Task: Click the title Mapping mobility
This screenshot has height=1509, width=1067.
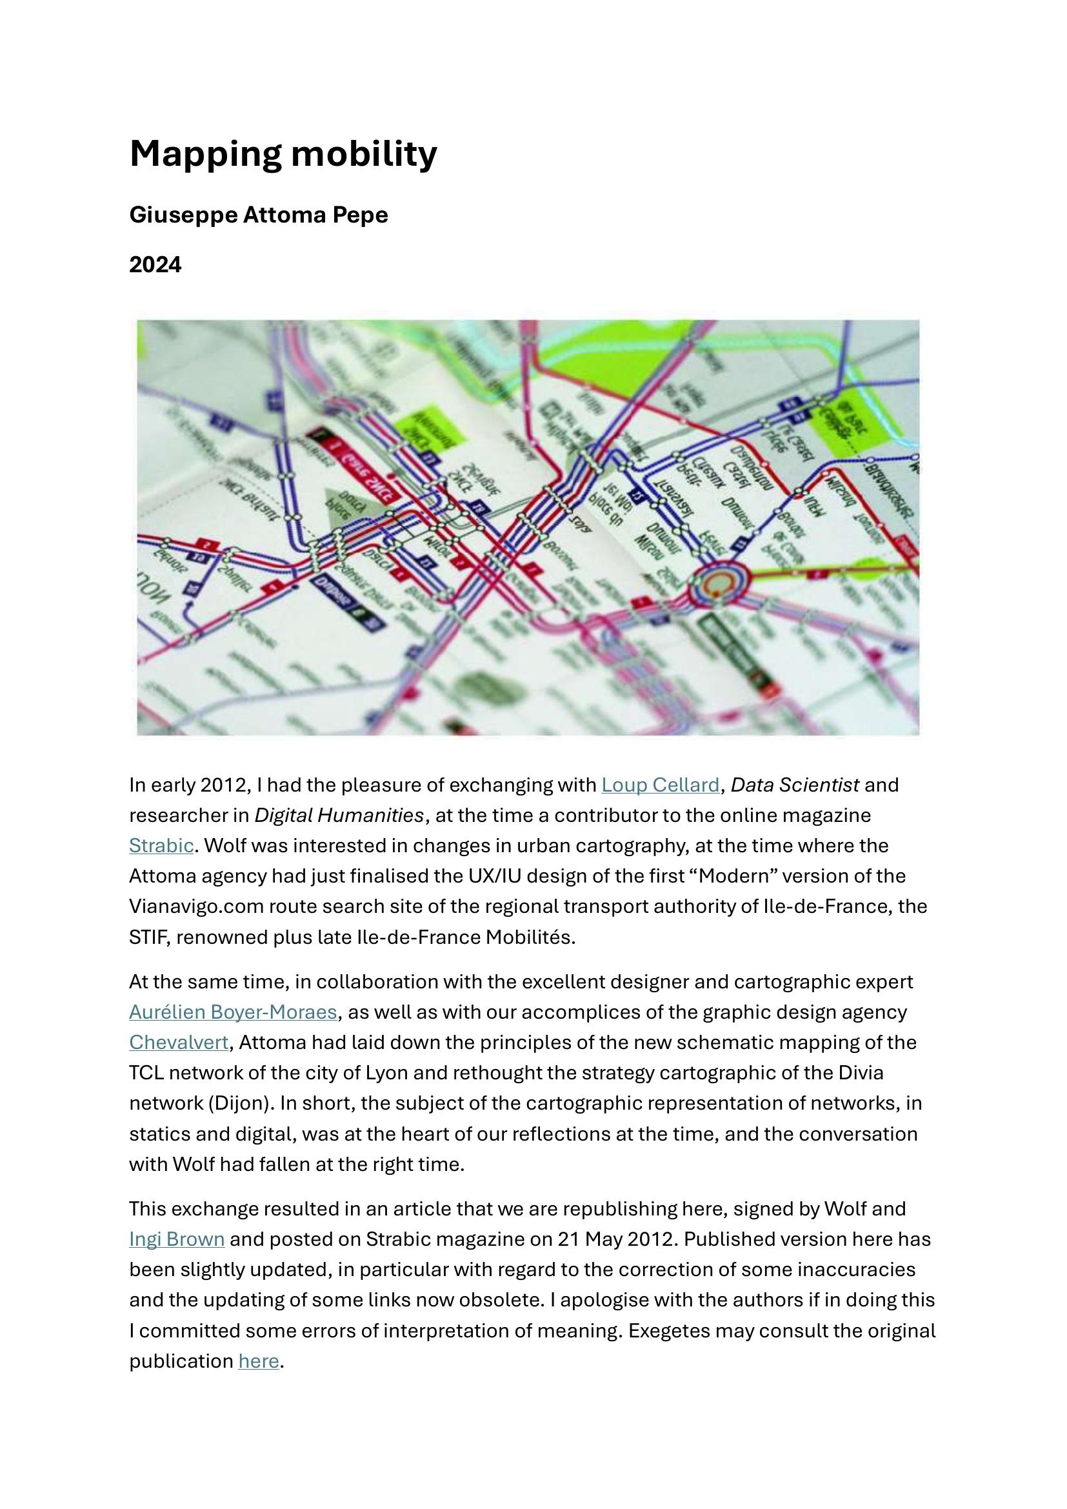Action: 283,154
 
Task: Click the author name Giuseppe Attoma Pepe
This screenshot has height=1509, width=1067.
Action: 258,215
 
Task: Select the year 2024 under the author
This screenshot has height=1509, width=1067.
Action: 155,265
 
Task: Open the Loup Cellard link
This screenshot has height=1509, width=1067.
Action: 661,784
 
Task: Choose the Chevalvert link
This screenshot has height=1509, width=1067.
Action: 179,1043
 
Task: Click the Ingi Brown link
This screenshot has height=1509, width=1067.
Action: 177,1239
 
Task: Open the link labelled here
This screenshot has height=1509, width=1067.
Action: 258,1361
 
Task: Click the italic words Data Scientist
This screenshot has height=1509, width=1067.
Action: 795,784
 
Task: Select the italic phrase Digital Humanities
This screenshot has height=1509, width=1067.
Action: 339,815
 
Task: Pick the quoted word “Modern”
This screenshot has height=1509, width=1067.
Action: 737,876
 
